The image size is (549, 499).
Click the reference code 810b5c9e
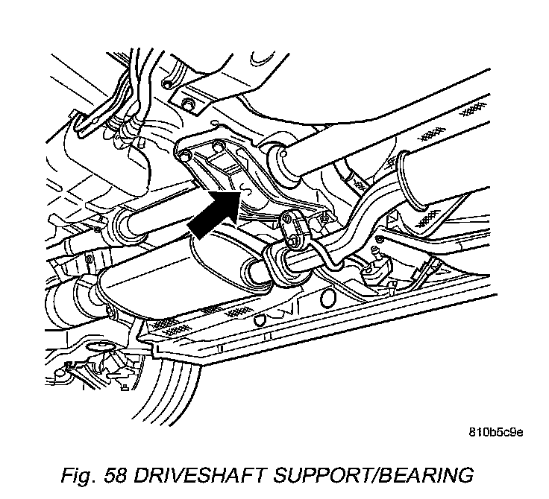[496, 432]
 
